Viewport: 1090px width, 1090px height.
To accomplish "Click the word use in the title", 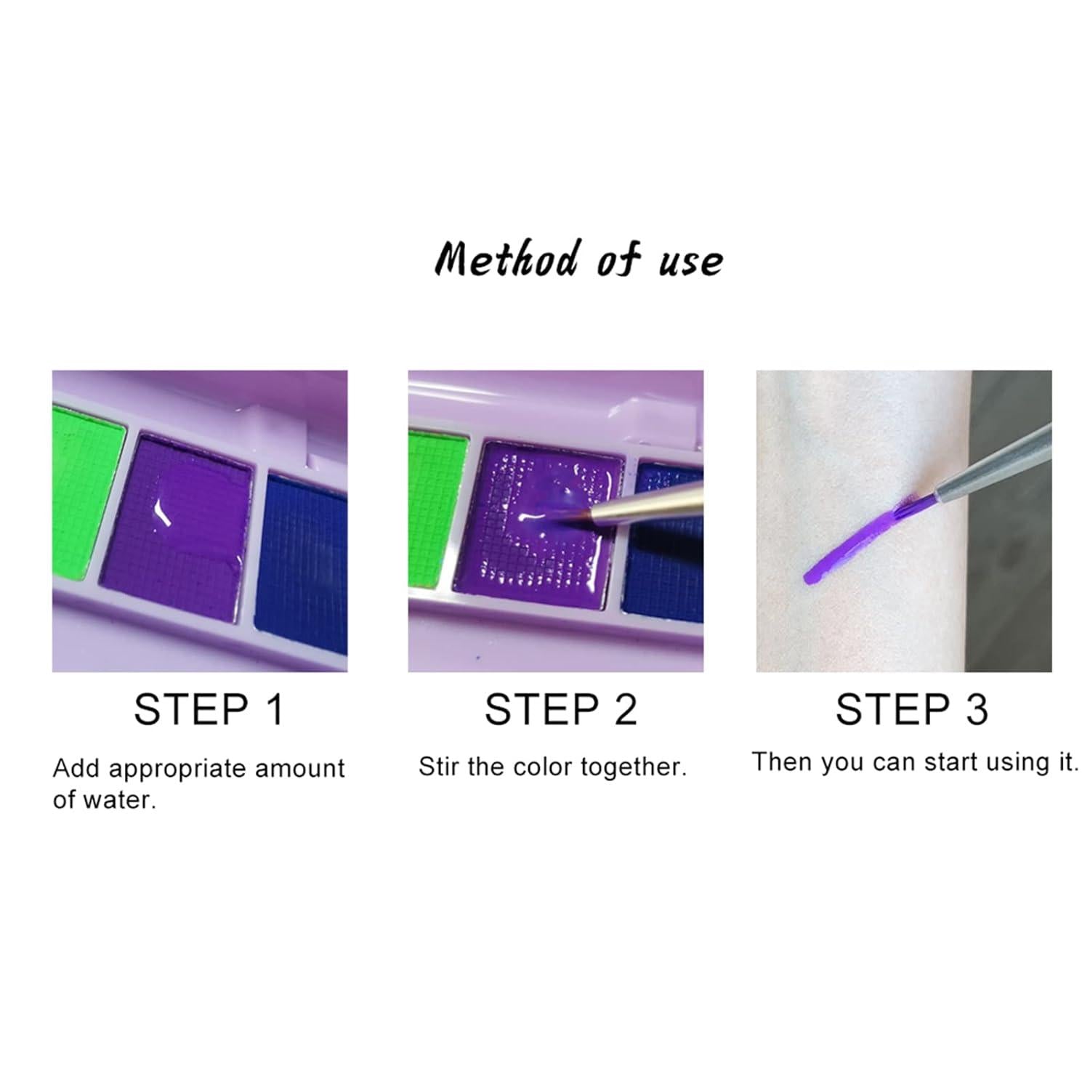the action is pos(690,261).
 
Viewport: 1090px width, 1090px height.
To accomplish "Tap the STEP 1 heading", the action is pos(209,709).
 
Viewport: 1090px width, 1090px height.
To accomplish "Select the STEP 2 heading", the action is pos(560,709).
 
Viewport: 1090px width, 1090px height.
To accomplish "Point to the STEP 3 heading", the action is pos(912,709).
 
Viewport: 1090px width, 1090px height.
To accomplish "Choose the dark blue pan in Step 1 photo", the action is pos(302,563).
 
